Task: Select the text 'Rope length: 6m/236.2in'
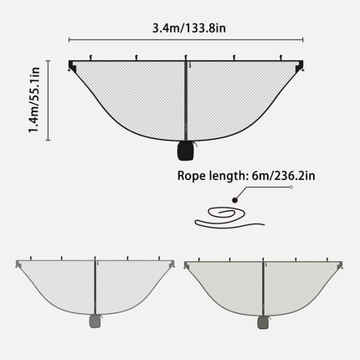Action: tap(246, 176)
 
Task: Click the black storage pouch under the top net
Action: tap(186, 152)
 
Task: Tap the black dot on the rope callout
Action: tap(237, 199)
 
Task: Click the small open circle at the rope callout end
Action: tap(291, 190)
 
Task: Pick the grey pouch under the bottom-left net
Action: tap(95, 321)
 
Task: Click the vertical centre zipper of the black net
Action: tap(186, 100)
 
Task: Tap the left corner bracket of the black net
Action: tap(72, 64)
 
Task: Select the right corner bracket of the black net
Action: tap(299, 64)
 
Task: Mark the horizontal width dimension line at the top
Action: tap(185, 39)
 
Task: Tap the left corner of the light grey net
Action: tap(18, 264)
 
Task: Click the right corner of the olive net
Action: tap(341, 264)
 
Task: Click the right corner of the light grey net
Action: tap(173, 264)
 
